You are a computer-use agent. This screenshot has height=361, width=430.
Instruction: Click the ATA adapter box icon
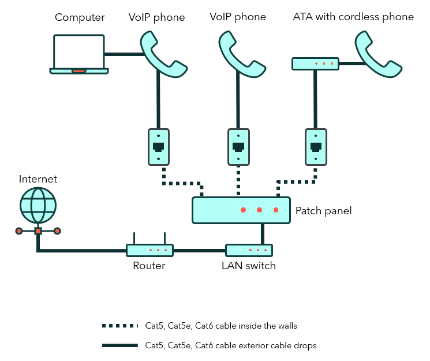(x=315, y=64)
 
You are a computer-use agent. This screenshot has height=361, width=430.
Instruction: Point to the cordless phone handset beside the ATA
(x=377, y=54)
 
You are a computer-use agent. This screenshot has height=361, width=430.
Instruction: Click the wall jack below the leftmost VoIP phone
(x=158, y=146)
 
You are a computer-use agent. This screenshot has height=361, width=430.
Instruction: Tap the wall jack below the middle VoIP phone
(x=238, y=146)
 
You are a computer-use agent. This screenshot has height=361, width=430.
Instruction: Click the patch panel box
(x=241, y=210)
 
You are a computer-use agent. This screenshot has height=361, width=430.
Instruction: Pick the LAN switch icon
(x=249, y=250)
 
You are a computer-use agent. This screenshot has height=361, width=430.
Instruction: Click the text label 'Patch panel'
(x=323, y=211)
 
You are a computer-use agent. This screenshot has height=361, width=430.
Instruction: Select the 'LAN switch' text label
(x=249, y=266)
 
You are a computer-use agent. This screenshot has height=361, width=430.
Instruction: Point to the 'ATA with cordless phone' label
(x=353, y=17)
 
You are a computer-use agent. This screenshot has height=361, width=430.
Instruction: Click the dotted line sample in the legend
(x=120, y=326)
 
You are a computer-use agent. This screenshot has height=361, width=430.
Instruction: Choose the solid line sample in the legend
(x=120, y=345)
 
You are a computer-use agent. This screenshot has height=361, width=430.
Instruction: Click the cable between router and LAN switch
(x=199, y=251)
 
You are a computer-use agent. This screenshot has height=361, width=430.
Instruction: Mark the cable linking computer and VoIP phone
(x=124, y=54)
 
